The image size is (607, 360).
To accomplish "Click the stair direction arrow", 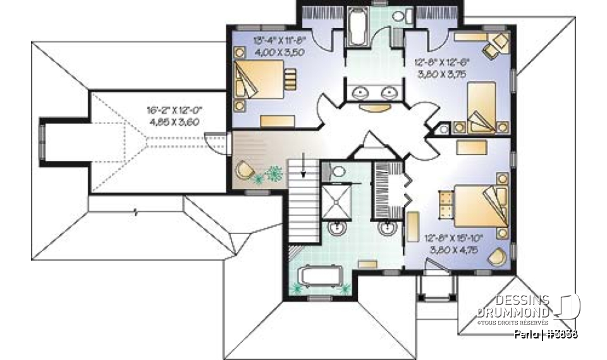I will coord(304,166).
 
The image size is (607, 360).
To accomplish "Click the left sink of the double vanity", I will coord(361,93).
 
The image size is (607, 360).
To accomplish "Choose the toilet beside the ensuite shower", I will coord(337,171).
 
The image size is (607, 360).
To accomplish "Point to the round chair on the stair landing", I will coord(244,170).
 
